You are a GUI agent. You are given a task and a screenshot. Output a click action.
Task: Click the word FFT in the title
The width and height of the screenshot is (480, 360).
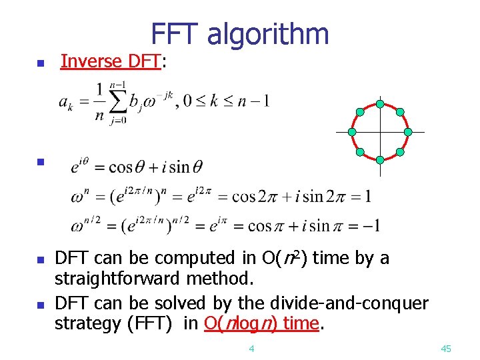(x=174, y=34)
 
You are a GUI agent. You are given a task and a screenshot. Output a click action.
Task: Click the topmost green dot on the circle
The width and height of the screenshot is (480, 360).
(x=379, y=104)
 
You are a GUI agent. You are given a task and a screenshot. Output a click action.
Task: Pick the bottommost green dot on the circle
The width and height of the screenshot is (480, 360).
(x=379, y=160)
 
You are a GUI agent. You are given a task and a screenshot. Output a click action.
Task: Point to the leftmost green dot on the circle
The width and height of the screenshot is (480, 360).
(x=351, y=132)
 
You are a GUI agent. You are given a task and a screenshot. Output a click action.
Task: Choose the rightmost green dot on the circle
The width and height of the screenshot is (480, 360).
(x=408, y=132)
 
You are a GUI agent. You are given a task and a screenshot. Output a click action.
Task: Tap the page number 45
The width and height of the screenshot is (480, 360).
(x=447, y=349)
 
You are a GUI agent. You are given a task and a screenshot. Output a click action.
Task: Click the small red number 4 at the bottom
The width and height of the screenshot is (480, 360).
(x=251, y=349)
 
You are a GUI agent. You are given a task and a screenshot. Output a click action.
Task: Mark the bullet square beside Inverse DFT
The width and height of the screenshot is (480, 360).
(x=40, y=64)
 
